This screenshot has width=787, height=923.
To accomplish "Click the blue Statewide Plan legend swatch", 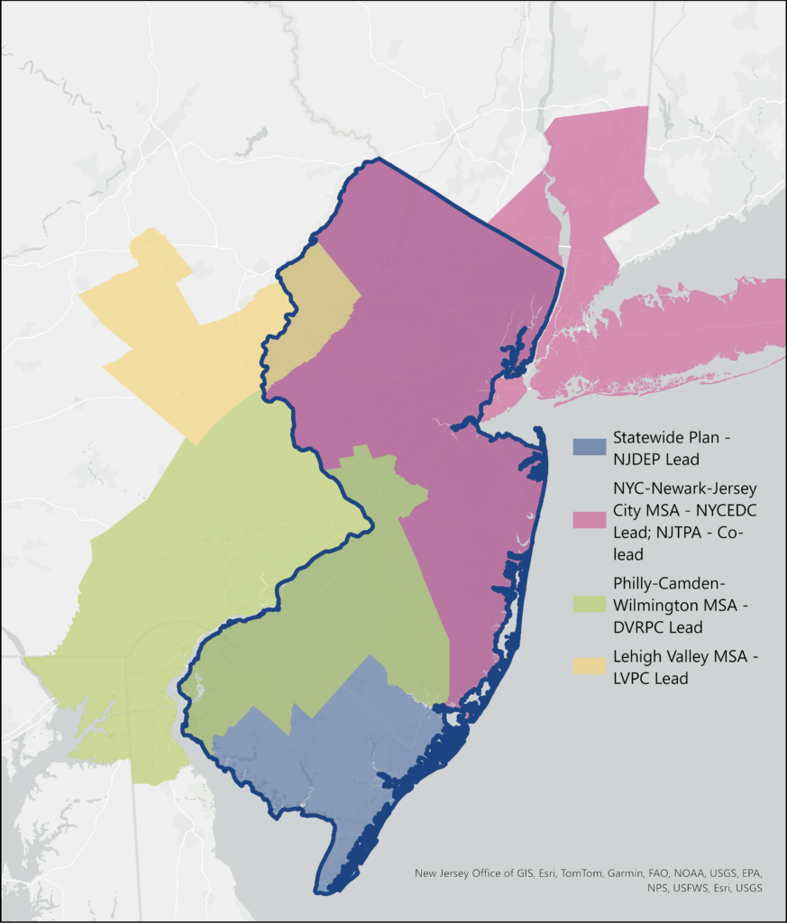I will pyautogui.click(x=590, y=446).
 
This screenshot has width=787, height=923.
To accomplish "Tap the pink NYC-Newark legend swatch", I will pyautogui.click(x=590, y=520).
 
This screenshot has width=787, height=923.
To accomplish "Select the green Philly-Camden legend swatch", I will pyautogui.click(x=590, y=596).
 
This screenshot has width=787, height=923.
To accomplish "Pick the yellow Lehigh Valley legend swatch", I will pyautogui.click(x=590, y=666).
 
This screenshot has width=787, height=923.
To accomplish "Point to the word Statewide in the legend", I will pyautogui.click(x=648, y=438).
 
